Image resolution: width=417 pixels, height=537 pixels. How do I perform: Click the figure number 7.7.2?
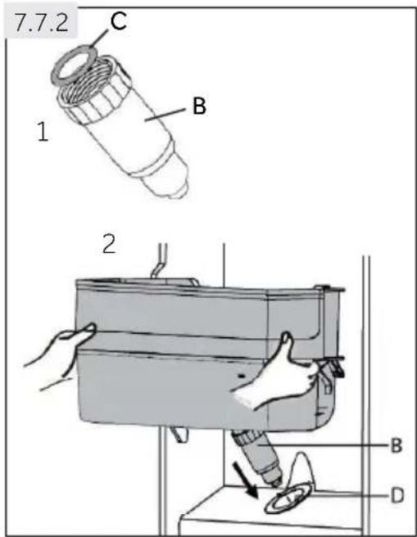[42, 23]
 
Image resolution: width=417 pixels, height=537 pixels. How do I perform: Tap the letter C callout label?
[119, 20]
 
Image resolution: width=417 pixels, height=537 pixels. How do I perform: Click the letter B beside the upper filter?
[199, 106]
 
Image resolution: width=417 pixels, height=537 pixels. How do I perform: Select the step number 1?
[43, 132]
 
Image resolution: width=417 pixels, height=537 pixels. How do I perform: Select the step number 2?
[109, 243]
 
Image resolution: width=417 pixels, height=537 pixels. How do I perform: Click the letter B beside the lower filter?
[396, 445]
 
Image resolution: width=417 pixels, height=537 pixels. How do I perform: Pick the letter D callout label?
[397, 495]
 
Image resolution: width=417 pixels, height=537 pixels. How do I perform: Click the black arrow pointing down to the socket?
[245, 480]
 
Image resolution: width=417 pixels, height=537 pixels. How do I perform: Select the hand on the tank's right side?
[278, 373]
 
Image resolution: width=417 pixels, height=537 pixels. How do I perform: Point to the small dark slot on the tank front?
[242, 376]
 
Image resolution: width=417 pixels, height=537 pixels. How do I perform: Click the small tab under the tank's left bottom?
[179, 434]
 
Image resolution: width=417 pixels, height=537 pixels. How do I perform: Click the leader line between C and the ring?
[99, 38]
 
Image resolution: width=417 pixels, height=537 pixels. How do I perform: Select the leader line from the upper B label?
[165, 115]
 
